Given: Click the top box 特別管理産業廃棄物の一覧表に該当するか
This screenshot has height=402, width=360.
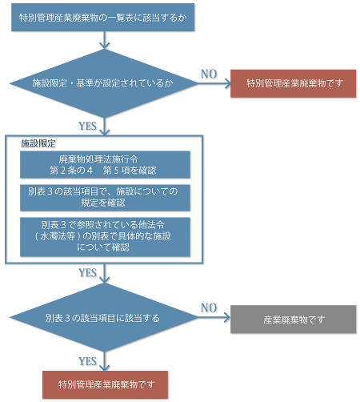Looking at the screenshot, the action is (x=103, y=18).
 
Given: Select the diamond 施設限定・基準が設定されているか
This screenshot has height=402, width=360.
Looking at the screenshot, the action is (x=103, y=83).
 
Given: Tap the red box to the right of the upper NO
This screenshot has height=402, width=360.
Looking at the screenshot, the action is (x=294, y=83).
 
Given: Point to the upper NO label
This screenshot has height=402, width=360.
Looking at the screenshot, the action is (x=209, y=74).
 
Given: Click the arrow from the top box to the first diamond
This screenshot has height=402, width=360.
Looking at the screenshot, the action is (x=104, y=40).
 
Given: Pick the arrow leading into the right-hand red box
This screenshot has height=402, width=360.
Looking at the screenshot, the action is (x=214, y=83).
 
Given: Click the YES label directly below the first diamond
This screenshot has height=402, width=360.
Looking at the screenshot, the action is (x=87, y=126).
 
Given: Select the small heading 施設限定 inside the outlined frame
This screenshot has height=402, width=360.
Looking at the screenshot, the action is (x=38, y=143).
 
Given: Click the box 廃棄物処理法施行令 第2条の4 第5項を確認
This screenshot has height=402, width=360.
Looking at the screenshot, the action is (x=105, y=165).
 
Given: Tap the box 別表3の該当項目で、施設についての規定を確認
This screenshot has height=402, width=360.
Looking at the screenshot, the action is (x=105, y=198).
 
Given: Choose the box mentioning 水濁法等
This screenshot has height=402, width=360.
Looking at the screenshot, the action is (x=105, y=237).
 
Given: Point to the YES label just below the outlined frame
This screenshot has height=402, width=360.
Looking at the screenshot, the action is (x=87, y=273).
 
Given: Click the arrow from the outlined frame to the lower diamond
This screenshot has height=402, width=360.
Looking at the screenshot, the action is (x=104, y=273).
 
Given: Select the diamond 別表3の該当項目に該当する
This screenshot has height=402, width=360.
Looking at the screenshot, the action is (x=103, y=318).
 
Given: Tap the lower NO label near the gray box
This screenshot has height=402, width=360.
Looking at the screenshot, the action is (x=209, y=308).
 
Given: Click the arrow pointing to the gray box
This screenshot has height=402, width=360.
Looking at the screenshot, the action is (x=214, y=318).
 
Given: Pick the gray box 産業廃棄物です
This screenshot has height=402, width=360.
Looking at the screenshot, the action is (x=294, y=320).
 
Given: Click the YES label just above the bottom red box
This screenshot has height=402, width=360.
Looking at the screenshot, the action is (x=87, y=361).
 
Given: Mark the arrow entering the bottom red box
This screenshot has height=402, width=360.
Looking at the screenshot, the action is (x=104, y=361).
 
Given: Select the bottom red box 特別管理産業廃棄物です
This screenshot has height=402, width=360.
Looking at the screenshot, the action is (x=106, y=384).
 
